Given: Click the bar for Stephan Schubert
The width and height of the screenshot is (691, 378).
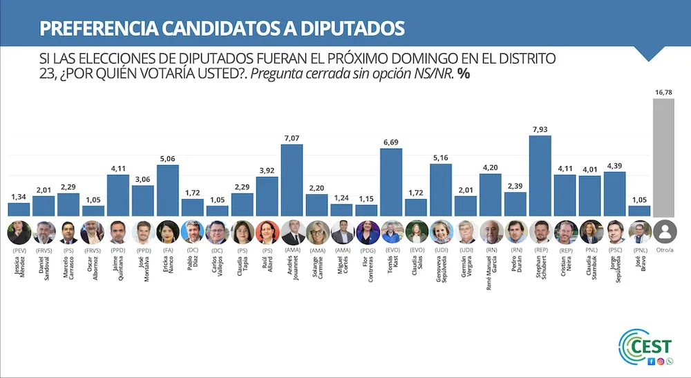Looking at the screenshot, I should point(540,176).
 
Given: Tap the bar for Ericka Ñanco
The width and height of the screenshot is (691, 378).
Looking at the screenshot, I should point(168,191).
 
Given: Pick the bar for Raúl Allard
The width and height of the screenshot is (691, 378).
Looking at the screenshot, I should point(267,197).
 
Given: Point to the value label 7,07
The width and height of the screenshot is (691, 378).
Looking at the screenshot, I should point(292,139).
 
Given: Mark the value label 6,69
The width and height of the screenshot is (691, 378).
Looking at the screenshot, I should point(391,143).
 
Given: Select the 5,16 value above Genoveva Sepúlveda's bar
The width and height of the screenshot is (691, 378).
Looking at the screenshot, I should point(441,158).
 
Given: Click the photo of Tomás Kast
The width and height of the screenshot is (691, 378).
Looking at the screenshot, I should point(391,232).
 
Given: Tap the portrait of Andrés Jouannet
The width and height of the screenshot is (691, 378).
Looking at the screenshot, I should point(292,232).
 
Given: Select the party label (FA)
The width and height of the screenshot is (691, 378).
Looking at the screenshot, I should point(168,252).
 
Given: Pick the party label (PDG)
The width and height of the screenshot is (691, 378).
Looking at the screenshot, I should point(366,252).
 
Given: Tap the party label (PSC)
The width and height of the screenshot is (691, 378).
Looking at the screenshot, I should point(615,252).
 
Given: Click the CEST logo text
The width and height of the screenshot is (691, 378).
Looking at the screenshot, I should point(654,346).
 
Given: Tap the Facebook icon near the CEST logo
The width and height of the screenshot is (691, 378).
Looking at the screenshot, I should point(651,361).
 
